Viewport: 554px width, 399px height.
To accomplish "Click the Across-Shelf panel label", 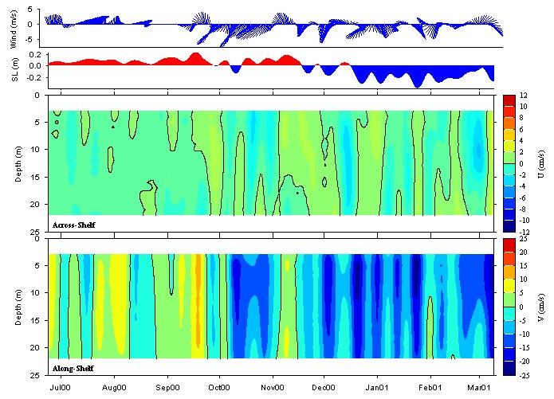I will click(x=73, y=225).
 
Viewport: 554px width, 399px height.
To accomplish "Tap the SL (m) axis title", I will click(x=17, y=72).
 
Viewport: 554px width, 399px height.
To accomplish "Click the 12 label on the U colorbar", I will click(x=522, y=95).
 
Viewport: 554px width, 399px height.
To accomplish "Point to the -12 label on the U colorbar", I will click(x=523, y=232).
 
